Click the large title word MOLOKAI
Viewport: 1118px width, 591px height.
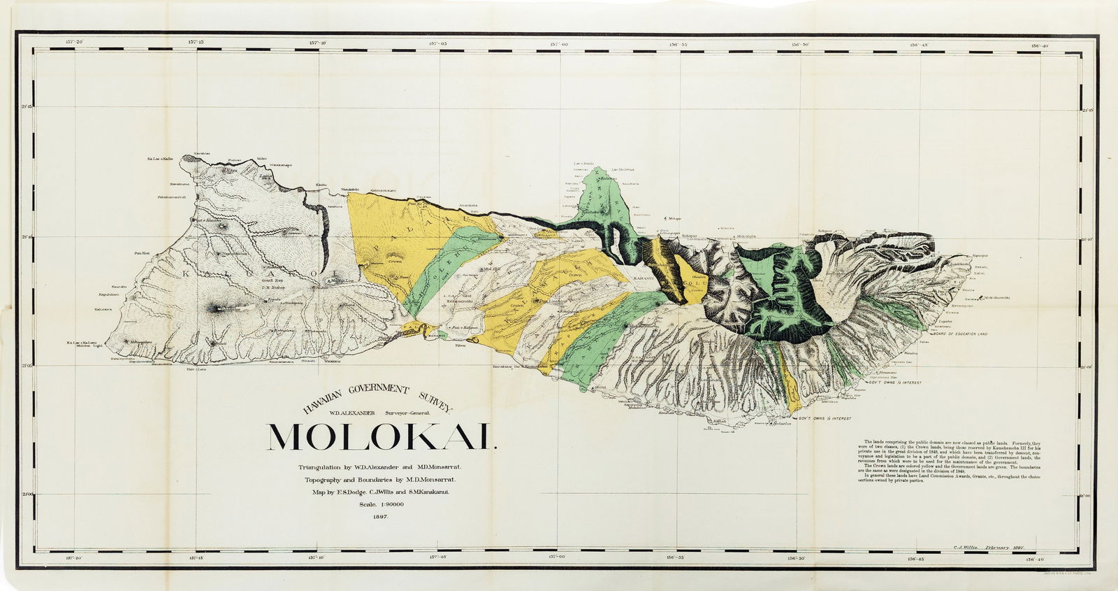click(381, 437)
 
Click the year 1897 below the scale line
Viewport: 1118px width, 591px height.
click(382, 516)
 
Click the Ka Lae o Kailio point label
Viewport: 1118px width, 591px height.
click(159, 159)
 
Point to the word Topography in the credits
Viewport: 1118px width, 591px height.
click(327, 480)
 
